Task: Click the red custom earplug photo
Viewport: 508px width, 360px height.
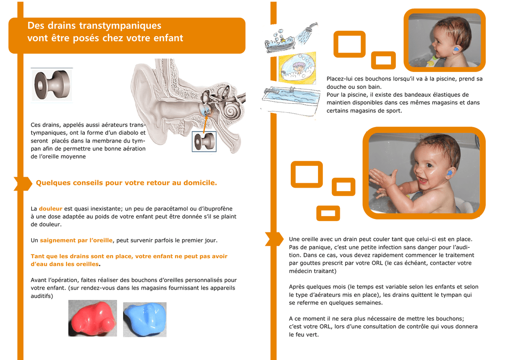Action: click(93, 318)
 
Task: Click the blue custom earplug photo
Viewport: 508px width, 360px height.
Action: click(145, 319)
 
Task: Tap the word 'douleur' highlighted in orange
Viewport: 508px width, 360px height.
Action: click(51, 209)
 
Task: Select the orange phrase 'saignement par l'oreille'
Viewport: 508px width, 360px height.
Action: click(76, 240)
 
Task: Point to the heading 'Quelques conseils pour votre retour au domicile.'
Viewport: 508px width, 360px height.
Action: click(127, 183)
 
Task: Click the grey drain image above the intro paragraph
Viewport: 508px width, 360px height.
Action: click(52, 85)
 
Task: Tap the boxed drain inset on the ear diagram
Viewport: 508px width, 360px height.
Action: click(204, 142)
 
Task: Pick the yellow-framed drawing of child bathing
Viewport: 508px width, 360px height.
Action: click(298, 68)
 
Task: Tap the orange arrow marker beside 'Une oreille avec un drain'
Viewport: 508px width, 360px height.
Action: click(274, 239)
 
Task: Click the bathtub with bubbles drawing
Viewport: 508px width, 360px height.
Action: click(280, 42)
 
